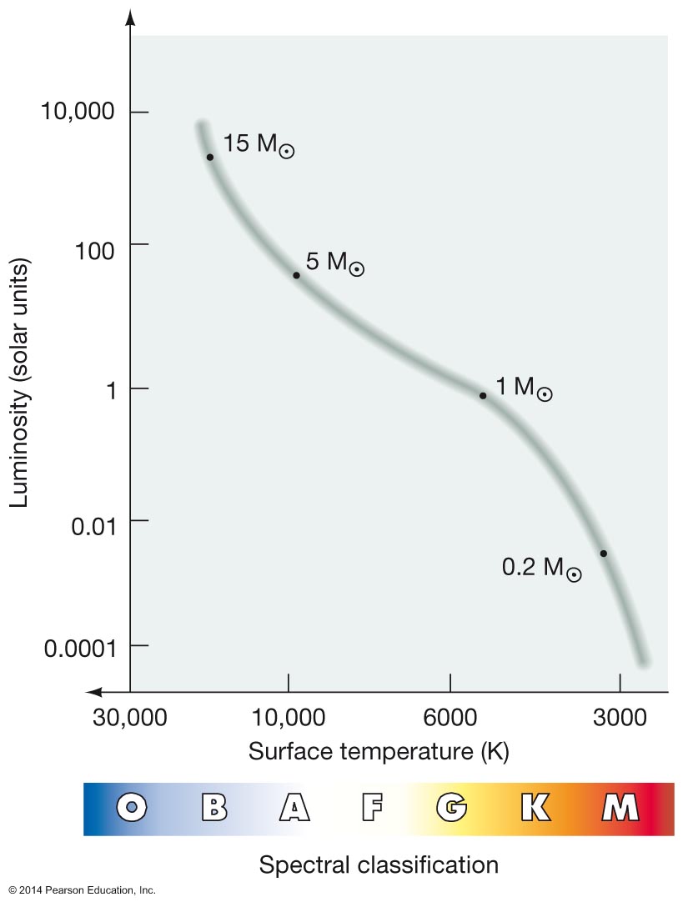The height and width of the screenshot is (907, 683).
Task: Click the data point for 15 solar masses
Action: pos(210,158)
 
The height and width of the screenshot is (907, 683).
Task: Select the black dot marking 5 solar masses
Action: pos(296,275)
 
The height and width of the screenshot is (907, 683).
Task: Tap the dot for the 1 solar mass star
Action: pos(483,396)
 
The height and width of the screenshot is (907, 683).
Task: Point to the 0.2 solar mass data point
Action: pos(603,554)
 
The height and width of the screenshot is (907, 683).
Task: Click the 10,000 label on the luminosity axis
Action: pos(78,111)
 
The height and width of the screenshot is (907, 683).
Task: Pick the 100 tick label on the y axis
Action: pos(94,251)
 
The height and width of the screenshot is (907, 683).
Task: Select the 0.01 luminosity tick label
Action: pos(93,526)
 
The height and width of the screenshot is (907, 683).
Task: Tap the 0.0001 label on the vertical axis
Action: pos(80,649)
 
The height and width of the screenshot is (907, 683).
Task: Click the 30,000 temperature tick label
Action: pos(129,717)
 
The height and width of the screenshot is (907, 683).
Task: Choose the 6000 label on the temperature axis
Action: pos(449,717)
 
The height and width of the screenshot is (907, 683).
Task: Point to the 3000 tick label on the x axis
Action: pos(620,717)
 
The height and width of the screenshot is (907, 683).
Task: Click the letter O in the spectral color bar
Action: pos(132,807)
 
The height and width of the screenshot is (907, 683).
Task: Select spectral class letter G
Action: pos(451,807)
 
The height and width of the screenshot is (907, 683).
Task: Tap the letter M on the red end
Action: pos(620,807)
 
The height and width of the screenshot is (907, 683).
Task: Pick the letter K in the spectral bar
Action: pos(535,807)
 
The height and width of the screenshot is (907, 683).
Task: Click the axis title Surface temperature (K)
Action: pos(379,751)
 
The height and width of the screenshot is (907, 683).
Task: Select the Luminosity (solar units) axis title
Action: pos(19,383)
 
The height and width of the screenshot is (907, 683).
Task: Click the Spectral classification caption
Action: pos(379,865)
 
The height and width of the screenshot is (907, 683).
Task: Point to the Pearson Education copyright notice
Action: pos(82,890)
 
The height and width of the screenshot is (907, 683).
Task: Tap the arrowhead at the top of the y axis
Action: pos(130,18)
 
